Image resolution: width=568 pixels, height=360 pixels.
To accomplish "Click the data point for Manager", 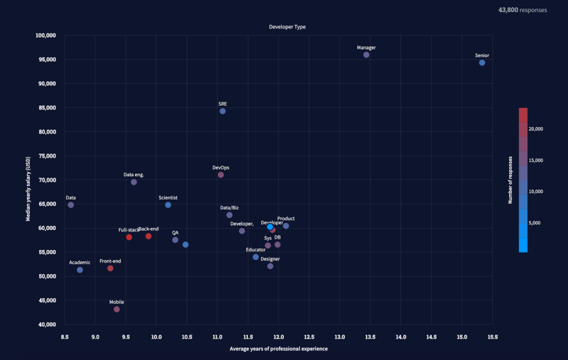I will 366,55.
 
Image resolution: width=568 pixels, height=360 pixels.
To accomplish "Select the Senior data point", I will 482,62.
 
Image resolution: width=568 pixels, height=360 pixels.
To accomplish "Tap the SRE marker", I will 223,111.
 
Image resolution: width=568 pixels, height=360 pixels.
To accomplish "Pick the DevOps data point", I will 221,175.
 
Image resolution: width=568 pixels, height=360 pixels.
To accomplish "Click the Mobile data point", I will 116,309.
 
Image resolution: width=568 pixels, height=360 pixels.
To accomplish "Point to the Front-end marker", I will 110,268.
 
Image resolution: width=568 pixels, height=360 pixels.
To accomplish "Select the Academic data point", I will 80,270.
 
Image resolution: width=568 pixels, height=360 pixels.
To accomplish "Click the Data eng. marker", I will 133,182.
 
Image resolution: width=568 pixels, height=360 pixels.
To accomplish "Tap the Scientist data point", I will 168,204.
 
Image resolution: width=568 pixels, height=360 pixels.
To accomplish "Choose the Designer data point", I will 271,266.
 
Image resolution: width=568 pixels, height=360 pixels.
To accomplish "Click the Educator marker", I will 256,256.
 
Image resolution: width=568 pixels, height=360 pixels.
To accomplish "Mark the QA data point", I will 175,240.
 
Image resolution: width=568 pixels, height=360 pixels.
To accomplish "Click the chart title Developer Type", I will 287,26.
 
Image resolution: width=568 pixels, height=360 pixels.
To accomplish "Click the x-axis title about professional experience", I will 278,349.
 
